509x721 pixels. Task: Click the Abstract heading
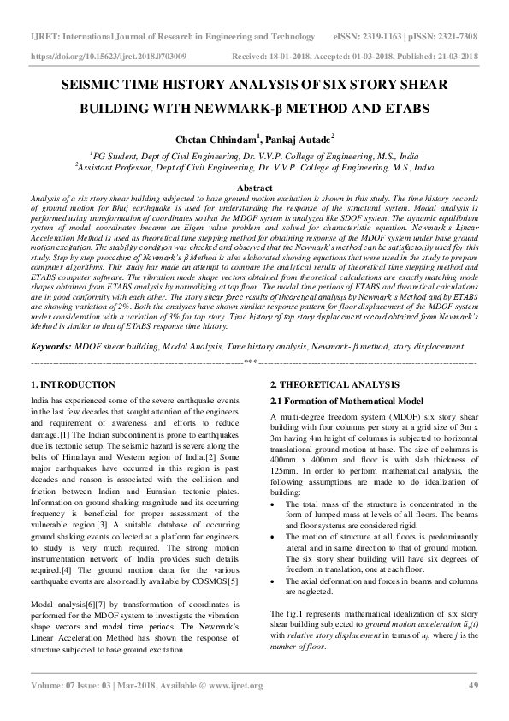[254, 188]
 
